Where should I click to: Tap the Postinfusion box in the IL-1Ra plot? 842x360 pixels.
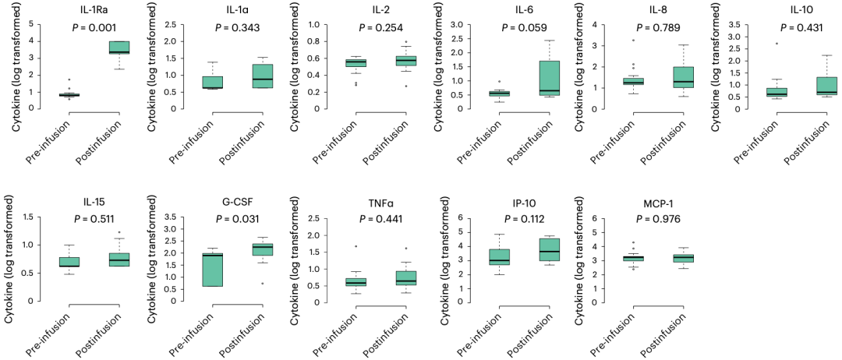pos(119,47)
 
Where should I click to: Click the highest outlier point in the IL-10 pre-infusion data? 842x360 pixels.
pos(754,44)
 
